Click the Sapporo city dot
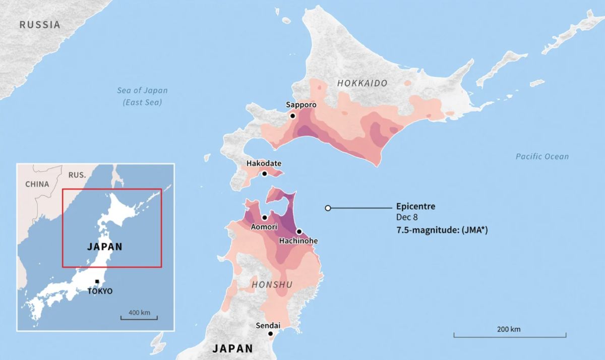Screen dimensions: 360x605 click(292, 116)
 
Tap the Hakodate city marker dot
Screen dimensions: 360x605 click(264, 174)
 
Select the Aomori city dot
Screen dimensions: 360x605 click(265, 217)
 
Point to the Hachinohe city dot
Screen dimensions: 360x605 click(299, 232)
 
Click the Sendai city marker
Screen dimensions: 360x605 click(271, 334)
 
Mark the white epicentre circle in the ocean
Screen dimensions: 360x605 click(328, 208)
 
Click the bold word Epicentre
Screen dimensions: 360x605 click(415, 207)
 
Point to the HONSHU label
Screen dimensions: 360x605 click(272, 285)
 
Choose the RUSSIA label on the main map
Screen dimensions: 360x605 click(39, 25)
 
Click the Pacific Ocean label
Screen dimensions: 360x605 click(542, 157)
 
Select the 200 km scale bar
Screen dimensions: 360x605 click(509, 334)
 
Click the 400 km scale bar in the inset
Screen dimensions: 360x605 click(139, 318)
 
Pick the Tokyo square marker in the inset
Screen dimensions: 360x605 click(97, 281)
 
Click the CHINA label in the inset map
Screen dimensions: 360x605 click(37, 184)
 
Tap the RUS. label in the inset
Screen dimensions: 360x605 click(76, 175)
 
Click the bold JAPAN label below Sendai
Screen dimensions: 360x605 click(232, 348)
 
